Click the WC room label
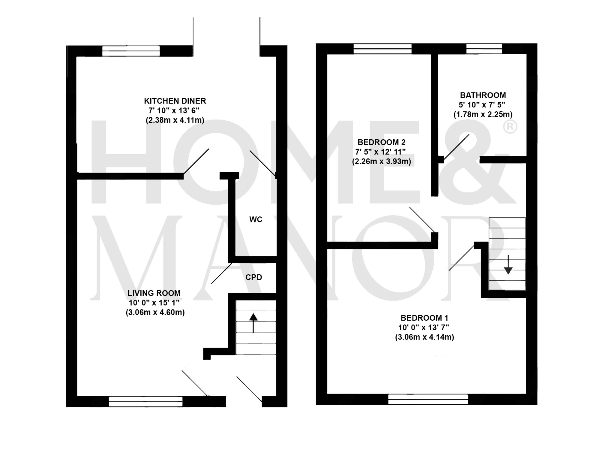[x=256, y=219]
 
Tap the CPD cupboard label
[x=254, y=277]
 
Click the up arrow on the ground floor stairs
[x=253, y=323]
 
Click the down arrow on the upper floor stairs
[x=508, y=265]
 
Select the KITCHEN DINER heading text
[x=175, y=101]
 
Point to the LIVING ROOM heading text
[x=154, y=293]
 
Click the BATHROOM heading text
[x=483, y=95]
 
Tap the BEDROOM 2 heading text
[x=381, y=142]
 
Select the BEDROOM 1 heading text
[x=424, y=318]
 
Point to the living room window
[x=145, y=401]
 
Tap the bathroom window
[x=484, y=49]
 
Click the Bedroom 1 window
[x=428, y=399]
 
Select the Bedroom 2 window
[x=382, y=49]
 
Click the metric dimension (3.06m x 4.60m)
[x=155, y=312]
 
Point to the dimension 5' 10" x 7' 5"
[x=482, y=105]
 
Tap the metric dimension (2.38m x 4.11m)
[x=175, y=120]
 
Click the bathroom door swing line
[x=456, y=147]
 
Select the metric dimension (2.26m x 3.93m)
[x=381, y=161]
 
